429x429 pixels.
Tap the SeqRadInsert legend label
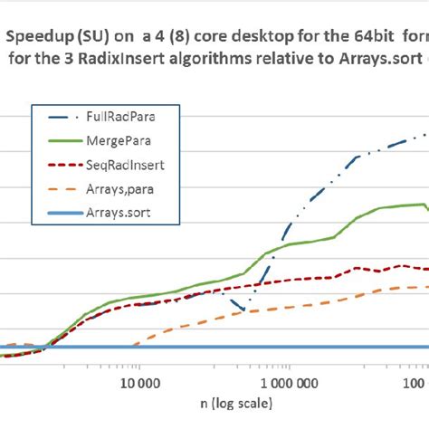[x=117, y=167]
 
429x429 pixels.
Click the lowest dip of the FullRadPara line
[x=244, y=310]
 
